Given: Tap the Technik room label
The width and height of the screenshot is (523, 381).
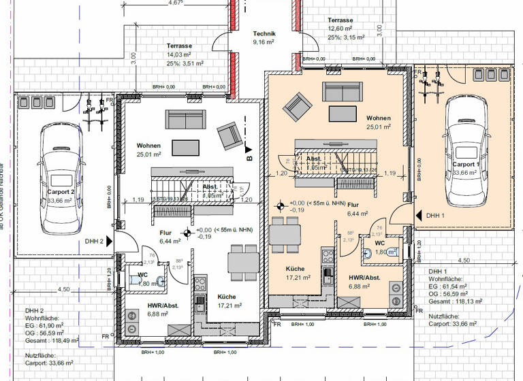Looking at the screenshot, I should (264, 33).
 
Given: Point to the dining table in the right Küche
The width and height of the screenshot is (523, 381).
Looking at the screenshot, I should (285, 233).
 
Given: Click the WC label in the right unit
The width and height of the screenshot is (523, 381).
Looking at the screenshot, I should (379, 242).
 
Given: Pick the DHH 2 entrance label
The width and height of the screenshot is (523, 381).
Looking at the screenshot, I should (94, 241).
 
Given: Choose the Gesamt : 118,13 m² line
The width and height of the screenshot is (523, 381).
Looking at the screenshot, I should (456, 300).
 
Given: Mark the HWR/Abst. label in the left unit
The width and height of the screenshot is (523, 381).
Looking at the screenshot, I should (163, 305).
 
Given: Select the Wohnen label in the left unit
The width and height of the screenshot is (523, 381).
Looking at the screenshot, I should (149, 146).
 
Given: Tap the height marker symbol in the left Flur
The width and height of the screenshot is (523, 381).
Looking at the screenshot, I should (187, 233).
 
